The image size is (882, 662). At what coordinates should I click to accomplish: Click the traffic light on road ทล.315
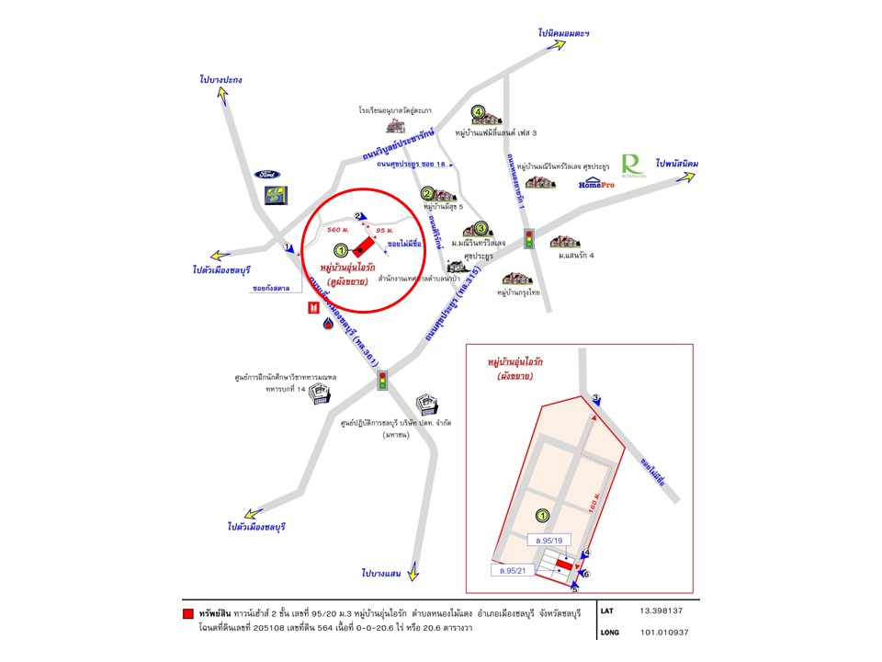pyautogui.click(x=529, y=240)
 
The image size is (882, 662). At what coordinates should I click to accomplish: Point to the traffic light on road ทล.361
pyautogui.click(x=383, y=379)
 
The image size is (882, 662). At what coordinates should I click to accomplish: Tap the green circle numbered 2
pyautogui.click(x=427, y=194)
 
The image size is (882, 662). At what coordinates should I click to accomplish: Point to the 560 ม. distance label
pyautogui.click(x=338, y=230)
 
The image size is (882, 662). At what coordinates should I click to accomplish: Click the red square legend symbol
pyautogui.click(x=187, y=612)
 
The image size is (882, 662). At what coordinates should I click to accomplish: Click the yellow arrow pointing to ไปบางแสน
pyautogui.click(x=414, y=573)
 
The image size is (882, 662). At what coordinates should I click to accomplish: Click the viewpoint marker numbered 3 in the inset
pyautogui.click(x=595, y=398)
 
